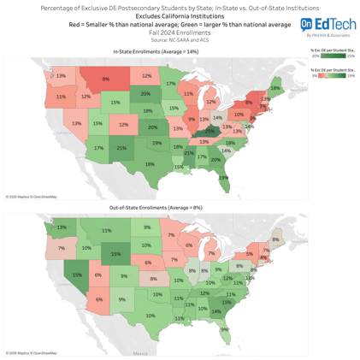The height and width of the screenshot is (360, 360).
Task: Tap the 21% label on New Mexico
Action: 121,148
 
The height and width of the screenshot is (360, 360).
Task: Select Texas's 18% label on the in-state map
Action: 150,164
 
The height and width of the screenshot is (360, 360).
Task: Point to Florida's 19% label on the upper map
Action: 224,178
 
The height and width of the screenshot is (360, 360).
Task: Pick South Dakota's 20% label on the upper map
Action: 145,93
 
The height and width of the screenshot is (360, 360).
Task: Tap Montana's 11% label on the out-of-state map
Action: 106,230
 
